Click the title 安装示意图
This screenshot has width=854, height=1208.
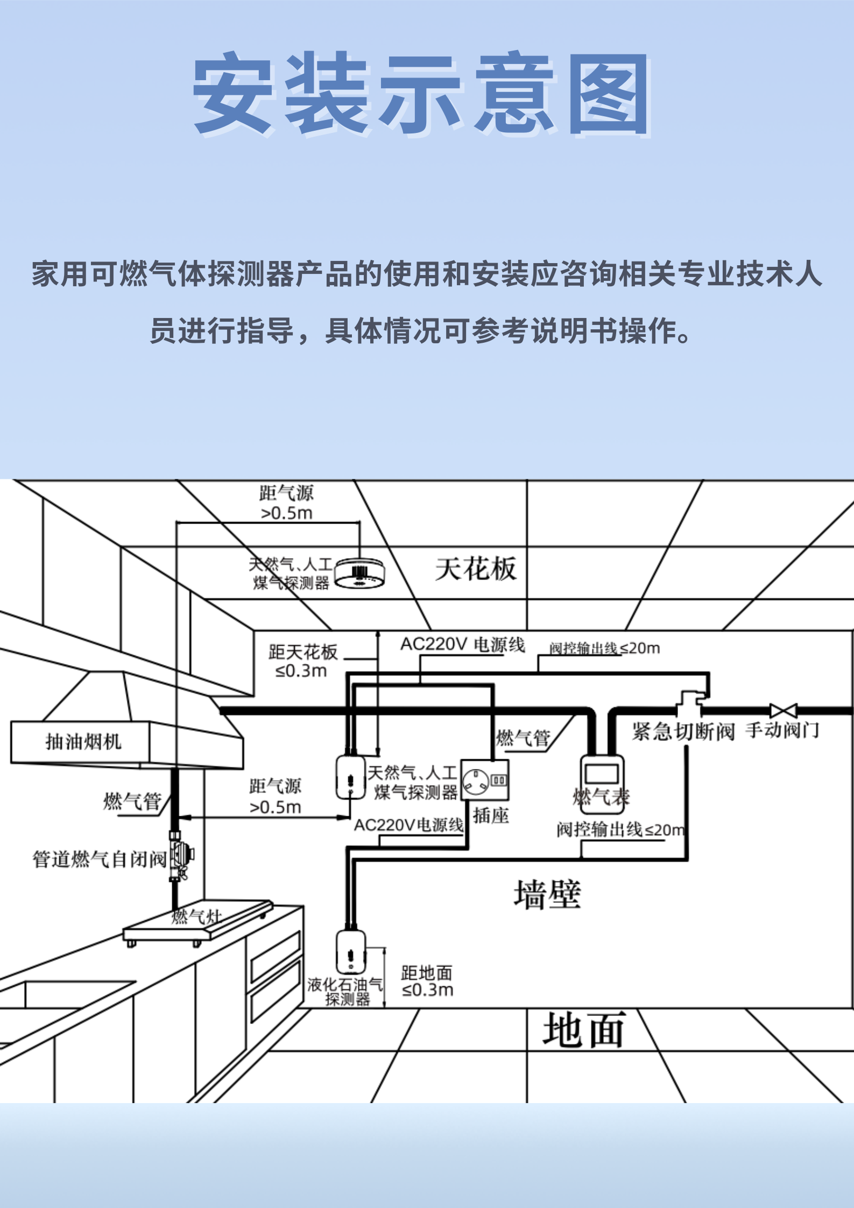pyautogui.click(x=422, y=94)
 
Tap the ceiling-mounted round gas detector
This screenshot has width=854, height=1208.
pyautogui.click(x=359, y=574)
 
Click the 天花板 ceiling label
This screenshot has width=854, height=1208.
pyautogui.click(x=476, y=569)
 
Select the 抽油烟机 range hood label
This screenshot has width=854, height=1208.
pyautogui.click(x=83, y=741)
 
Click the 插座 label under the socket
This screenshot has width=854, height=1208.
pyautogui.click(x=491, y=816)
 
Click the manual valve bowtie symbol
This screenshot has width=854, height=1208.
pyautogui.click(x=783, y=711)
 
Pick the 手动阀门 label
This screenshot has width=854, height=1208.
pyautogui.click(x=782, y=730)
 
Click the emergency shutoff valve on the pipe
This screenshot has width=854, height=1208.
pyautogui.click(x=690, y=702)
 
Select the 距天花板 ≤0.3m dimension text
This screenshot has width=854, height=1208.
pyautogui.click(x=302, y=661)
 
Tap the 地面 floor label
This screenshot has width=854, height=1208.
pyautogui.click(x=583, y=1029)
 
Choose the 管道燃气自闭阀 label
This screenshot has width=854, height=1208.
pyautogui.click(x=100, y=859)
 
